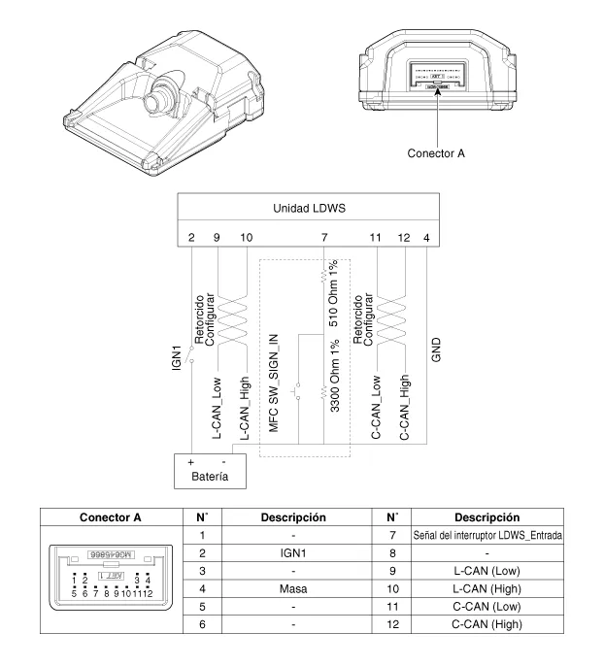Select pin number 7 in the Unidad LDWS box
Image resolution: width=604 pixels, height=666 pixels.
click(323, 236)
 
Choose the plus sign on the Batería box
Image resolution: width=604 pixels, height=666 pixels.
click(191, 460)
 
